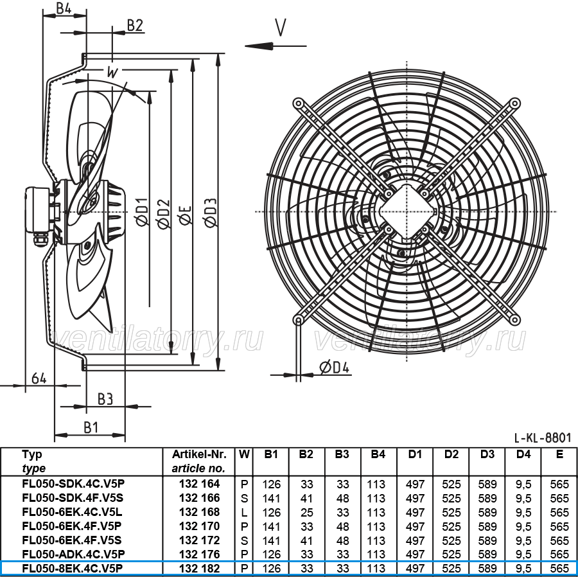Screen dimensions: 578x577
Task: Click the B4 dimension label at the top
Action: click(x=64, y=8)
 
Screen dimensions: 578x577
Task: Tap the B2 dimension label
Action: click(x=135, y=25)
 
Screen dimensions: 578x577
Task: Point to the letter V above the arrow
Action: click(x=281, y=27)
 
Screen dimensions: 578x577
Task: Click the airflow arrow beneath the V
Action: click(x=276, y=46)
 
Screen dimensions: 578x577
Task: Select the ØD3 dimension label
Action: click(x=211, y=213)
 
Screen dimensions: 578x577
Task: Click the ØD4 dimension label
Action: click(x=334, y=367)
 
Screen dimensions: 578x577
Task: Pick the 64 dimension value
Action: click(x=39, y=378)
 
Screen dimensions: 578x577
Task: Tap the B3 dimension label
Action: click(x=105, y=399)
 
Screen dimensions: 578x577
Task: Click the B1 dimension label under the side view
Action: click(x=91, y=427)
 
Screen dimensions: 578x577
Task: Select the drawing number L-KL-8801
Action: click(x=543, y=438)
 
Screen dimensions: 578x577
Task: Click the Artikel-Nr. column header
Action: click(x=199, y=454)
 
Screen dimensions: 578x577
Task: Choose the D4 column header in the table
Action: click(x=523, y=454)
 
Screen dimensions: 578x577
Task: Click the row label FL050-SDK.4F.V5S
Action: click(x=73, y=498)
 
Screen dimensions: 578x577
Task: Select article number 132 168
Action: click(x=200, y=511)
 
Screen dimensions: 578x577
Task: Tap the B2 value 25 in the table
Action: click(x=306, y=513)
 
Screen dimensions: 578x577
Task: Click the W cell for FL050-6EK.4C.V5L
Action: click(x=244, y=513)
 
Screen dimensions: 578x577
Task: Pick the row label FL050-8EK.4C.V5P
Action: click(x=72, y=568)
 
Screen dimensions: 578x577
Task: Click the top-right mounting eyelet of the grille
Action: click(x=514, y=103)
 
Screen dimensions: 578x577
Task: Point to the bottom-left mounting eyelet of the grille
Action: click(x=298, y=319)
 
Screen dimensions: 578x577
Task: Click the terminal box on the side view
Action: click(x=38, y=210)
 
